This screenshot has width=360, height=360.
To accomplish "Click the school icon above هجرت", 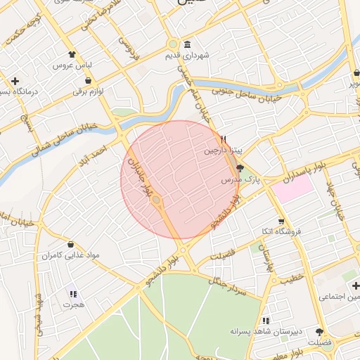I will [x=72, y=294].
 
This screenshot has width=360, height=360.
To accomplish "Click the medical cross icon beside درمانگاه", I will [x=15, y=81].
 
